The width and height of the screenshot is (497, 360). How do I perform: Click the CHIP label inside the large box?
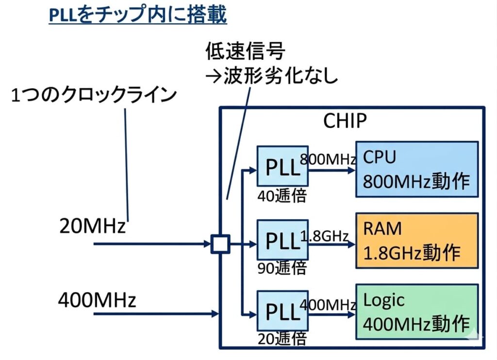345,121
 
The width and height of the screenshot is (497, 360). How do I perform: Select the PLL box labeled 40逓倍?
282,165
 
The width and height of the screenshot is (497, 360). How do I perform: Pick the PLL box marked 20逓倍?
282,311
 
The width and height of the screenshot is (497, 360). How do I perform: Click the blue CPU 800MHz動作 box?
417,168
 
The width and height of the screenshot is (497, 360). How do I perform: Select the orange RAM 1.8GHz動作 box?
417,240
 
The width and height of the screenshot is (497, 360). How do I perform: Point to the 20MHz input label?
92,226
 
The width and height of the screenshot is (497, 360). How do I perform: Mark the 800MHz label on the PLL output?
329,159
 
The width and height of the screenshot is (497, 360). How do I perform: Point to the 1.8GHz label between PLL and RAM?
325,236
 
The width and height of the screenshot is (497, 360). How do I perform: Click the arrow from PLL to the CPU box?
332,170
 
